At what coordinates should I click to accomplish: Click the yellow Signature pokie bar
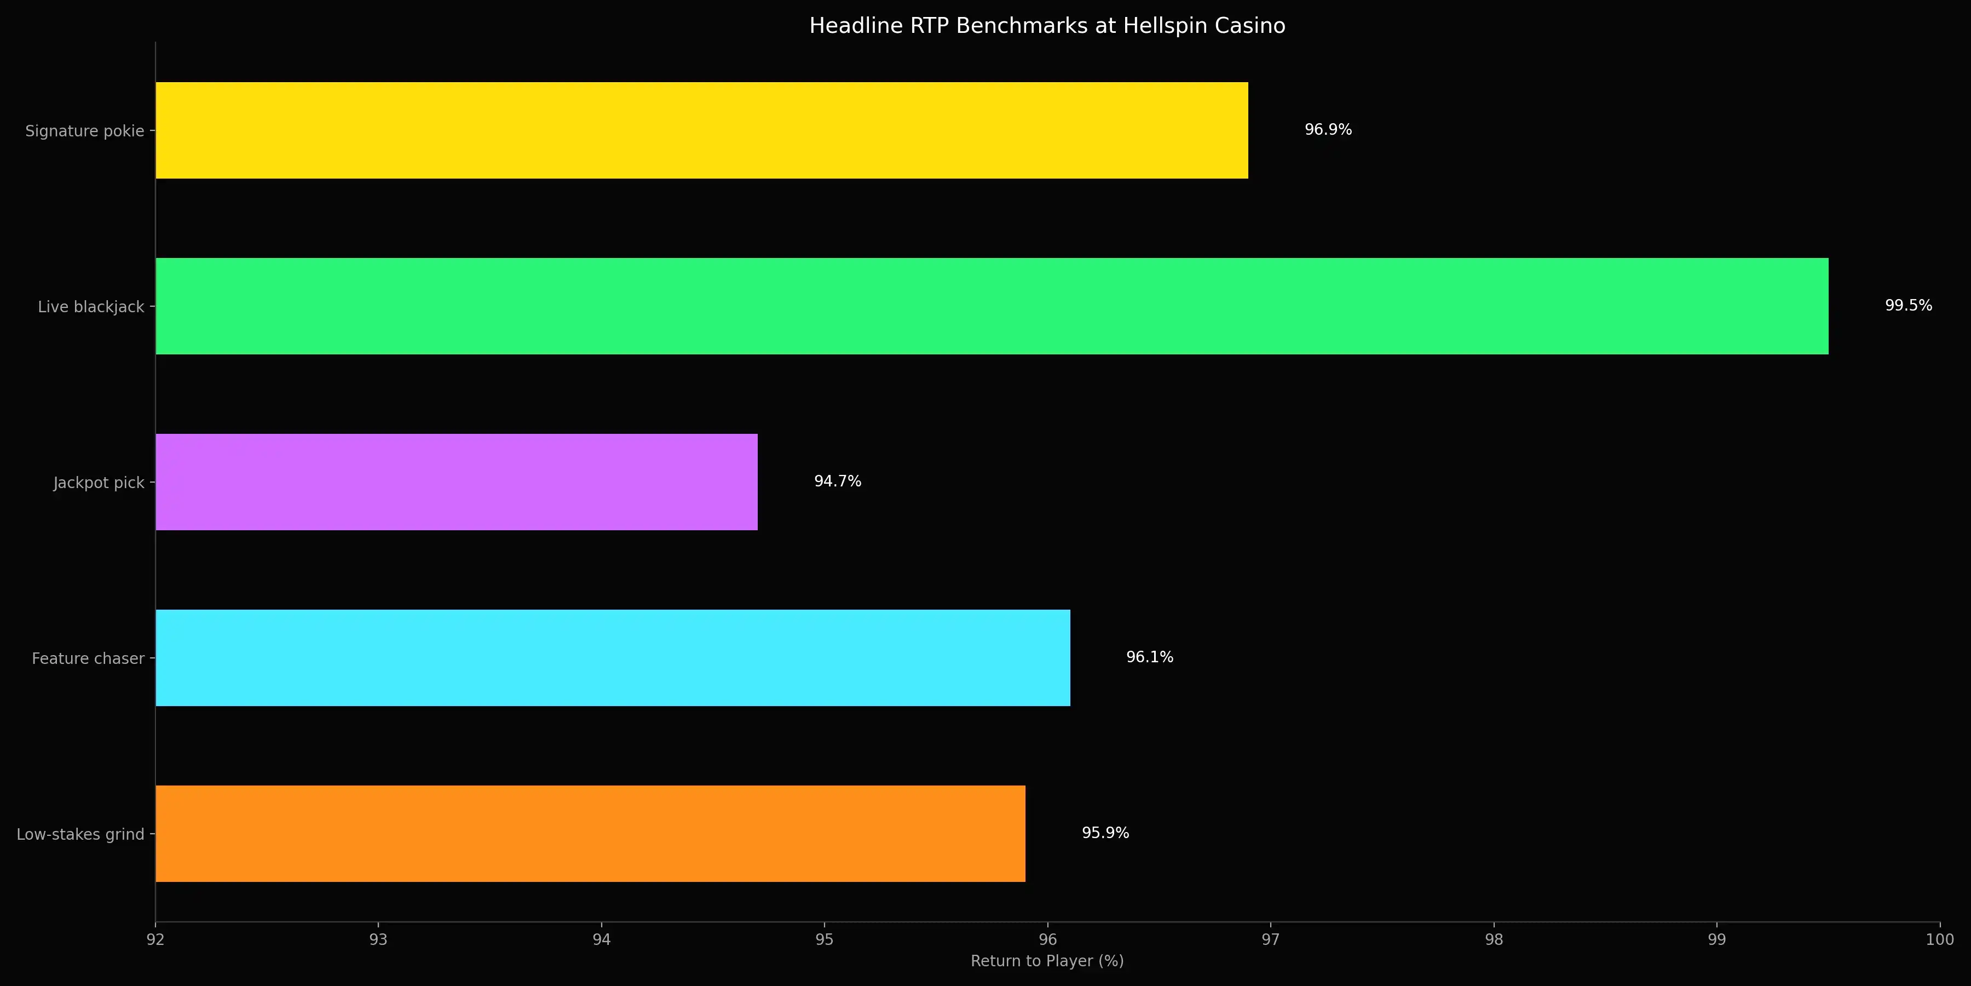pos(702,130)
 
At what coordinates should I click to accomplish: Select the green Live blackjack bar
pos(992,306)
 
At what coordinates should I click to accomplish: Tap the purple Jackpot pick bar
pos(456,482)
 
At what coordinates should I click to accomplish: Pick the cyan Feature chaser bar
pos(612,657)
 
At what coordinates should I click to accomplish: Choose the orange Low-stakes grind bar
pos(590,834)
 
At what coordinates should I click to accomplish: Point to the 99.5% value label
pos(1907,306)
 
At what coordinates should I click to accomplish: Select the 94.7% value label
pos(837,481)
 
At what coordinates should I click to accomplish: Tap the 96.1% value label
pos(1149,657)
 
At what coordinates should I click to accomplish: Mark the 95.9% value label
pos(1105,833)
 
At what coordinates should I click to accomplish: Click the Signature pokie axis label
pos(84,131)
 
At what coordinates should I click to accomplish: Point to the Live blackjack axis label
pos(90,307)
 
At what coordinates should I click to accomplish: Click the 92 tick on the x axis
pos(155,939)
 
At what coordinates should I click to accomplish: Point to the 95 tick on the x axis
pos(824,939)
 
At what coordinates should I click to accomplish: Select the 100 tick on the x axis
pos(1939,939)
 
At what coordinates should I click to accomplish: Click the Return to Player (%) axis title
pos(1047,961)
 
